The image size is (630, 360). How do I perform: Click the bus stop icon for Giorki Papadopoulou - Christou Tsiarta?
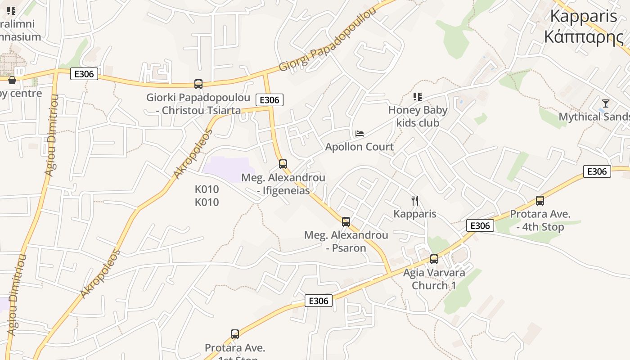198,84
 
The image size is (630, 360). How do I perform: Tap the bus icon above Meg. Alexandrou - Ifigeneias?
283,164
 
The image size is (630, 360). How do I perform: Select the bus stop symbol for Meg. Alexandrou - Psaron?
346,222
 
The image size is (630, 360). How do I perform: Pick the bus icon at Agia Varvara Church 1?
434,259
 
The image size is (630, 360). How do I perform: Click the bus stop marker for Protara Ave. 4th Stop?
540,201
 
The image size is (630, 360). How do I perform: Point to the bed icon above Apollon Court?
359,134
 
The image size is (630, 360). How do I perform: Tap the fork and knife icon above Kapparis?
415,201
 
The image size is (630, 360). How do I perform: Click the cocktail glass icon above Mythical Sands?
605,103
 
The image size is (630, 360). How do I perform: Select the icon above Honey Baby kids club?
417,97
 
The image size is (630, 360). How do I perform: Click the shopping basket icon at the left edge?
12,80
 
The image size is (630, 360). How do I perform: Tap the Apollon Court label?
359,147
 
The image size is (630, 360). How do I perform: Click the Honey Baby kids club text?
418,117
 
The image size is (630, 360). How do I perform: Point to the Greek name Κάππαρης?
584,37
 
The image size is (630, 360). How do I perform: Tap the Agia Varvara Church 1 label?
434,279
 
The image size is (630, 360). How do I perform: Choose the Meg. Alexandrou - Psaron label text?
346,242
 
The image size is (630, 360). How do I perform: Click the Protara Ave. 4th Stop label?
540,220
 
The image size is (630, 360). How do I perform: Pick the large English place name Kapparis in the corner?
584,16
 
